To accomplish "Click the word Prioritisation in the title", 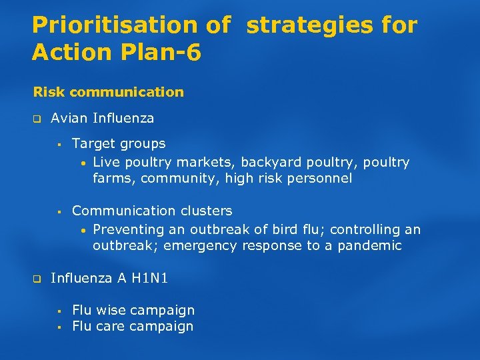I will coord(114,25).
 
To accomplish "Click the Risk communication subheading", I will coord(108,92).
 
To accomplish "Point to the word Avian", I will coord(70,119).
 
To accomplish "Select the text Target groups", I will coord(119,143).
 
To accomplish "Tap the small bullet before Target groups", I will coord(59,144).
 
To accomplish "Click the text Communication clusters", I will coord(152,211).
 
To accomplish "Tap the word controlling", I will coord(365,229).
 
